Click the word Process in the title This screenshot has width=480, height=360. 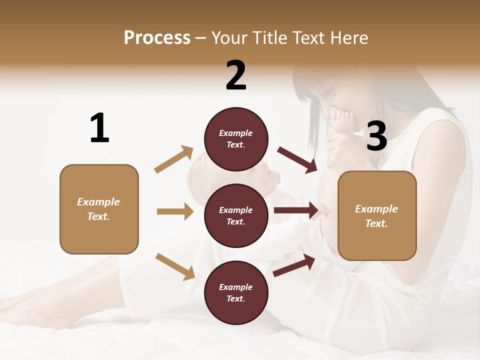click(157, 38)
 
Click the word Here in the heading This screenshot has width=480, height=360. click(348, 38)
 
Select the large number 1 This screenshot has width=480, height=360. click(99, 128)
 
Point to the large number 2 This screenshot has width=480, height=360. click(236, 75)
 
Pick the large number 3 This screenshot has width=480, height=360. click(376, 136)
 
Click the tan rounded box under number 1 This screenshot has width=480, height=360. click(99, 209)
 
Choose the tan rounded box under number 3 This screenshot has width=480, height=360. click(377, 216)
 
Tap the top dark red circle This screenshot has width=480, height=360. click(236, 139)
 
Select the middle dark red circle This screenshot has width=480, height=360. click(236, 216)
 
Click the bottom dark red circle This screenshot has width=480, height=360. click(236, 293)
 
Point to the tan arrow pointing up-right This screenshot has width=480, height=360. click(174, 159)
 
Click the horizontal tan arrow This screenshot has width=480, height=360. click(175, 211)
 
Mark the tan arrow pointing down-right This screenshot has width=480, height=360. click(175, 266)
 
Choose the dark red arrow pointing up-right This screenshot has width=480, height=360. click(294, 265)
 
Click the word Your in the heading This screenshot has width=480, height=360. click(230, 38)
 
